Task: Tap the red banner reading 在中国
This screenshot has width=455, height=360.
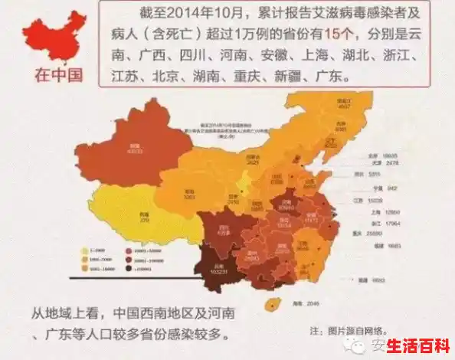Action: tap(57, 75)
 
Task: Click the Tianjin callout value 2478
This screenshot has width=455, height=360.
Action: tap(391, 162)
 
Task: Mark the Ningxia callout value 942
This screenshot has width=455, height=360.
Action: tap(392, 188)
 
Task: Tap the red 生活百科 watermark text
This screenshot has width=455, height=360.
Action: tap(419, 345)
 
